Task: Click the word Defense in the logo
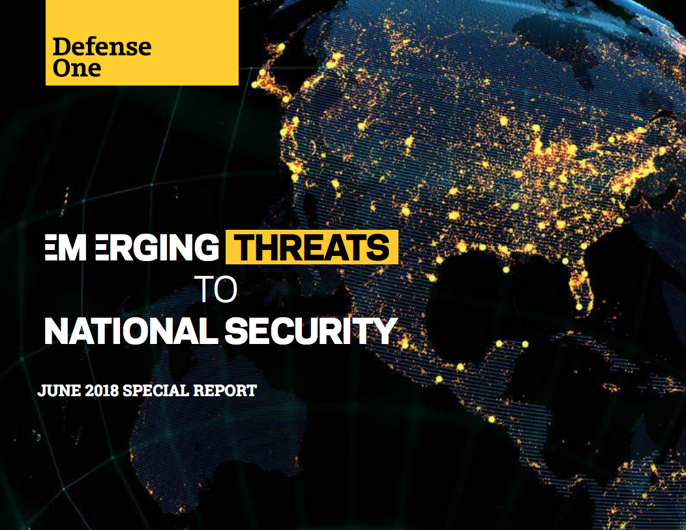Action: (102, 47)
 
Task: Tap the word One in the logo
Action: (77, 68)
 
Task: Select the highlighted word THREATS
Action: (312, 248)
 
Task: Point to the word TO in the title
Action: (216, 290)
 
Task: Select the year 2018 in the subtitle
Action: (100, 392)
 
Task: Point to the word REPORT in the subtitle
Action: (225, 392)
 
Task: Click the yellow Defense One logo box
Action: (142, 42)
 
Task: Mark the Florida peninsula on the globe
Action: (580, 290)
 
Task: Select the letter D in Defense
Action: (61, 47)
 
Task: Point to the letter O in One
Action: (61, 68)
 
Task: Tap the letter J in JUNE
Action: (42, 392)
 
